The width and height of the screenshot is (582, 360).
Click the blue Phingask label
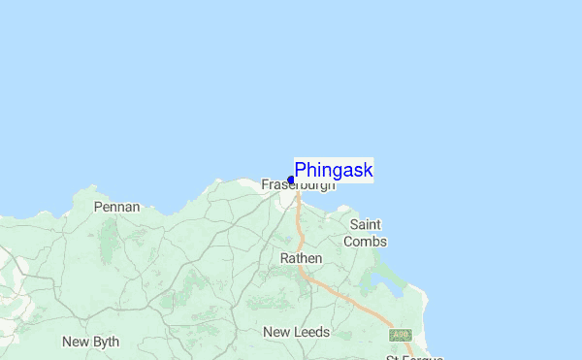(334, 171)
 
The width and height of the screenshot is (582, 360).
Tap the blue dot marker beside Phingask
(291, 180)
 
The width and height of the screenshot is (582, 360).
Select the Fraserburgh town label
(299, 184)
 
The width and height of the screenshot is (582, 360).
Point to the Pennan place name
(117, 207)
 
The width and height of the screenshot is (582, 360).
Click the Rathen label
(301, 259)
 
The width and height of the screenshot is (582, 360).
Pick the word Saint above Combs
(365, 225)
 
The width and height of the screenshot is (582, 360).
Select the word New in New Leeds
(276, 332)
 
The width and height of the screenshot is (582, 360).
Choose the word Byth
(105, 342)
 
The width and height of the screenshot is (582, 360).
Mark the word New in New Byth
(76, 342)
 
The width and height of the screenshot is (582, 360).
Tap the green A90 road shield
(400, 335)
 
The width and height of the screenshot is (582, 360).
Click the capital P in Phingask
(301, 171)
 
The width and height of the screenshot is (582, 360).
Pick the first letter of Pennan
(98, 207)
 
